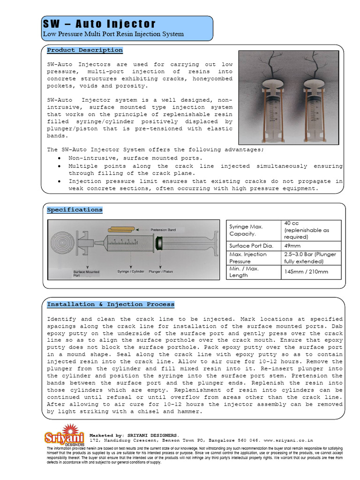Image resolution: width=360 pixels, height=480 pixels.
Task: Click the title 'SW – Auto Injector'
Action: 99,24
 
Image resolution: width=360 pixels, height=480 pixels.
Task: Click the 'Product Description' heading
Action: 85,50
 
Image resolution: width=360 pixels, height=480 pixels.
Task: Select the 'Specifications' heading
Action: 75,210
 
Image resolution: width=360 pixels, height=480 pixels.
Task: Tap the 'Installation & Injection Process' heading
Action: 111,304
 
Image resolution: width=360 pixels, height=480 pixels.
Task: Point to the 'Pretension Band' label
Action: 163,230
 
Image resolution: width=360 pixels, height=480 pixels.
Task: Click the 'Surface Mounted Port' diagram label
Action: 86,273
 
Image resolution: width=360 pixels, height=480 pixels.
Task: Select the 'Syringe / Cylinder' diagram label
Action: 130,271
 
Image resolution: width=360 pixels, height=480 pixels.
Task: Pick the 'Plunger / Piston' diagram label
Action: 161,271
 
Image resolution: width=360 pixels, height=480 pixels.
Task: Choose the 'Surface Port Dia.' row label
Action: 252,245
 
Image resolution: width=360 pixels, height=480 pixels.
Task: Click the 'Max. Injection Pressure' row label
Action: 248,258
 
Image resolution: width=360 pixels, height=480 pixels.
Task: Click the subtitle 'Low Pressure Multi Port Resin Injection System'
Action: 113,34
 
